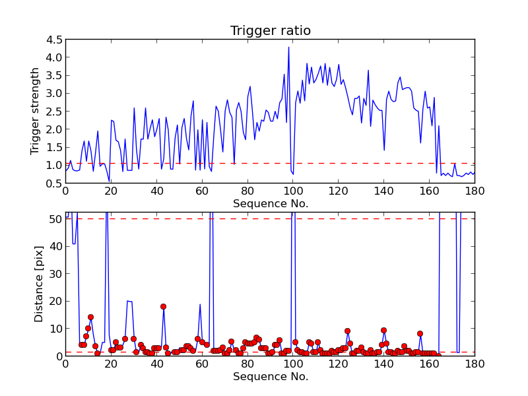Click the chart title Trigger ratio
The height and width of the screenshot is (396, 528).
click(270, 31)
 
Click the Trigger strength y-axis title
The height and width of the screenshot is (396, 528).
click(36, 111)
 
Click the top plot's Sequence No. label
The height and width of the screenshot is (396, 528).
click(270, 204)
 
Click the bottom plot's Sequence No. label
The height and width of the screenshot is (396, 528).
click(270, 377)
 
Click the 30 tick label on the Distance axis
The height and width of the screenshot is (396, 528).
click(54, 273)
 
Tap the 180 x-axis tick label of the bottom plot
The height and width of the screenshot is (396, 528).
click(475, 364)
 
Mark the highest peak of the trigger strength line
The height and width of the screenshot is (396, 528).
click(288, 47)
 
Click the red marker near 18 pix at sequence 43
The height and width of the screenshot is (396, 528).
click(163, 306)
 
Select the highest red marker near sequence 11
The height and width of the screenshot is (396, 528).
click(90, 317)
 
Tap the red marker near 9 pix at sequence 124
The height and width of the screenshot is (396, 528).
click(347, 331)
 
